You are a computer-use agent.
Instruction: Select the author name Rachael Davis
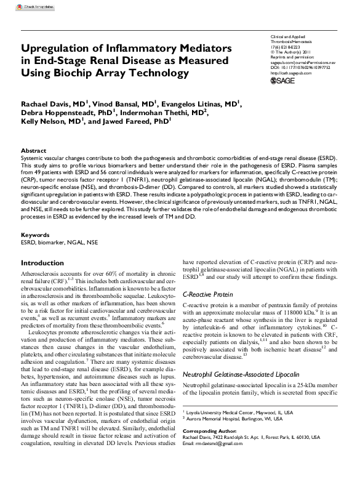[44, 104]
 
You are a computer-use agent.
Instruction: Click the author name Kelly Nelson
[44, 123]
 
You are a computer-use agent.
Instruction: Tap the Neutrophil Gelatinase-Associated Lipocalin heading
[249, 374]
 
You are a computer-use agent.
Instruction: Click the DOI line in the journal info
[301, 66]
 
